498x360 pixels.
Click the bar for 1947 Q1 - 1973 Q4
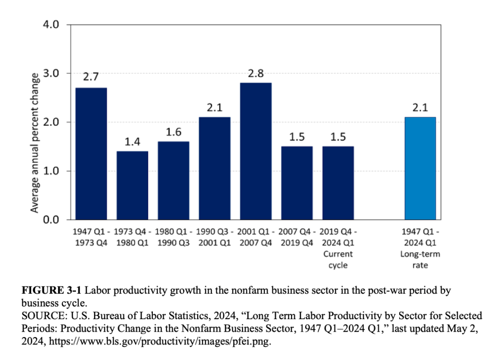click(91, 153)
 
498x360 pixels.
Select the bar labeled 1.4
click(132, 185)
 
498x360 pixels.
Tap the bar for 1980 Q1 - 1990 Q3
click(173, 180)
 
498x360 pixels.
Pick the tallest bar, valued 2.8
click(256, 151)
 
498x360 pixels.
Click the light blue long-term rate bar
click(420, 168)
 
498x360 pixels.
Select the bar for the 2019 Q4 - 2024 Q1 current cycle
click(338, 182)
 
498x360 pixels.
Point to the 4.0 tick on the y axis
click(52, 24)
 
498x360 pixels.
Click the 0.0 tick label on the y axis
click(52, 220)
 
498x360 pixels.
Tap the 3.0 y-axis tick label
click(52, 73)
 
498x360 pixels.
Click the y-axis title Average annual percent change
click(35, 143)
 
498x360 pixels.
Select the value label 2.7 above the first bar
click(91, 77)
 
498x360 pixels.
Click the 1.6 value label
click(173, 131)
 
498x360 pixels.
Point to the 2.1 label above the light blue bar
click(420, 107)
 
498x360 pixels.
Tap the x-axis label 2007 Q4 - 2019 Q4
click(297, 236)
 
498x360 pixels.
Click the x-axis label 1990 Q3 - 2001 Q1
click(215, 236)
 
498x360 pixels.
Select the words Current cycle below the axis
click(338, 260)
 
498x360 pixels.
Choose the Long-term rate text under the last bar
click(420, 260)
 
